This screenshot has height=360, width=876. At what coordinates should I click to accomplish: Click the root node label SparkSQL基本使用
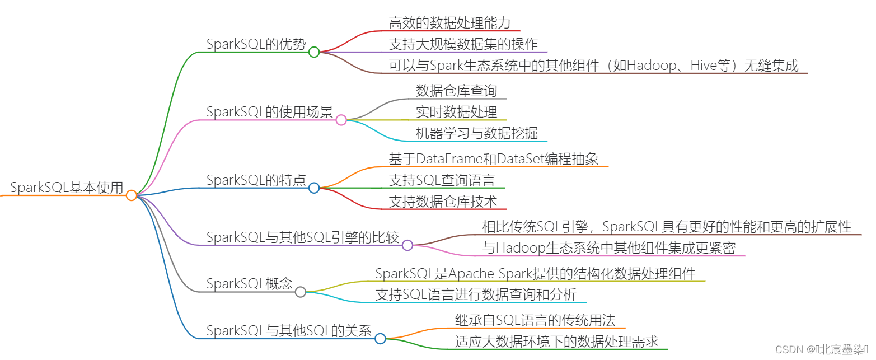click(x=67, y=188)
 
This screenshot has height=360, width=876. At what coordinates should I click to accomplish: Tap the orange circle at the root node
click(x=132, y=195)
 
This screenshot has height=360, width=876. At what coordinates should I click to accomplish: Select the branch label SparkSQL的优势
click(x=256, y=44)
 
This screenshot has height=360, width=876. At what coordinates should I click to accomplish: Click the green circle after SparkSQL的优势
click(x=314, y=52)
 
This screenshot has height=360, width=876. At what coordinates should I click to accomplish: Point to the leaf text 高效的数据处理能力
click(x=449, y=23)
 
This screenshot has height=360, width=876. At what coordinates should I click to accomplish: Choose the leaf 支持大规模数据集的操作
click(x=463, y=44)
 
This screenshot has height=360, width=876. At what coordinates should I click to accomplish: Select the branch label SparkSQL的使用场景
click(x=270, y=112)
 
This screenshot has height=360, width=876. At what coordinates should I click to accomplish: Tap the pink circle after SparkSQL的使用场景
click(x=341, y=120)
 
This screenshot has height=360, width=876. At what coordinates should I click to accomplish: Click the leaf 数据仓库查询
click(x=456, y=91)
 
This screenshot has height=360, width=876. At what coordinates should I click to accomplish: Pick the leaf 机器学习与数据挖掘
click(x=476, y=133)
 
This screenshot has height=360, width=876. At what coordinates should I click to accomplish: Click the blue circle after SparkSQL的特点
click(x=314, y=188)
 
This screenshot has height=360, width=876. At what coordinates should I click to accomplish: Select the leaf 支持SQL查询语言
click(x=442, y=180)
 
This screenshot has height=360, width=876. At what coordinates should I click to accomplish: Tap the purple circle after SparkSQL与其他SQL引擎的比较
click(x=407, y=245)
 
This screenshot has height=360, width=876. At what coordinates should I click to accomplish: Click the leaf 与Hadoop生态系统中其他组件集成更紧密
click(x=608, y=248)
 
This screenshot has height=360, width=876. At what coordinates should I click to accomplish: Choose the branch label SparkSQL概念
click(x=250, y=284)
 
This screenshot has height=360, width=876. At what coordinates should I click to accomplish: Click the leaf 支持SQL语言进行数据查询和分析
click(x=476, y=294)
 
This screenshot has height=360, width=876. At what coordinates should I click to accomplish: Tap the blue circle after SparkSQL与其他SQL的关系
click(x=380, y=338)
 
